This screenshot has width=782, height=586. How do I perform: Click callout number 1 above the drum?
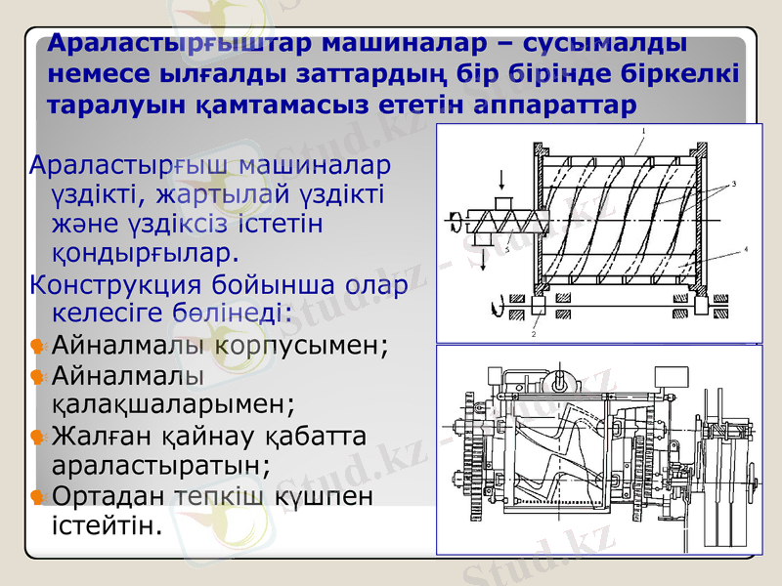644,130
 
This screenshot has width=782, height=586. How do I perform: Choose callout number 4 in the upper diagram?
745,250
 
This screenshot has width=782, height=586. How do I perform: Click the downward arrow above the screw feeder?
501,180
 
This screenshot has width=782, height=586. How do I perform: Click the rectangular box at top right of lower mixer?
673,376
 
